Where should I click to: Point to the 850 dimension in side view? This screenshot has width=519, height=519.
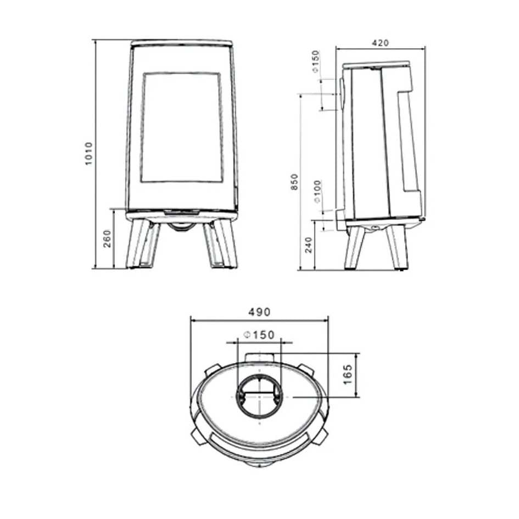295,182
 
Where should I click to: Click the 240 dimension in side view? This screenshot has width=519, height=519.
308,244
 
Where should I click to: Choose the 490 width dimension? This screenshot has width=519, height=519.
259,312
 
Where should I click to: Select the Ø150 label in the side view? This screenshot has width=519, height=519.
315,62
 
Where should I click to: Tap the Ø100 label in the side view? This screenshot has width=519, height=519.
318,191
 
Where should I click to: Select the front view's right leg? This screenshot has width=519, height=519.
219,244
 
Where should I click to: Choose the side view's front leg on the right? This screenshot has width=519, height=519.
397,247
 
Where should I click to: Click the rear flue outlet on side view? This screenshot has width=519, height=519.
342,93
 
